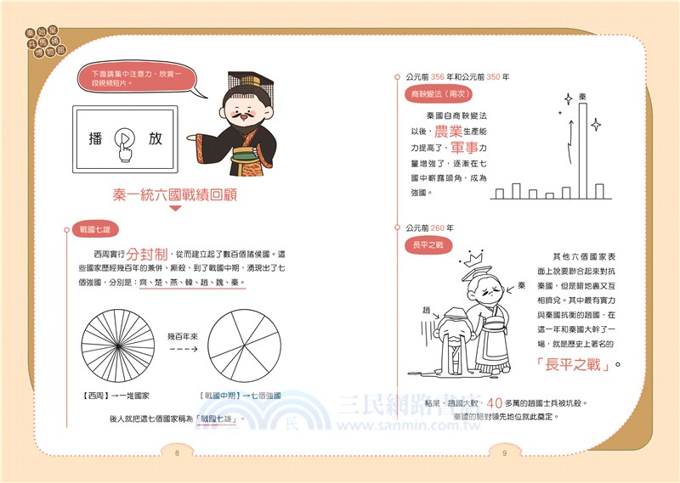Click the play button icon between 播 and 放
pyautogui.click(x=124, y=141)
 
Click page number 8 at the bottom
pyautogui.click(x=177, y=453)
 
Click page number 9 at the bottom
pyautogui.click(x=504, y=453)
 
